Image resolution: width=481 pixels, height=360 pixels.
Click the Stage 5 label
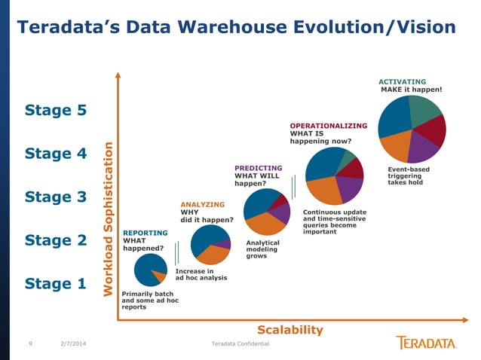tap(56, 111)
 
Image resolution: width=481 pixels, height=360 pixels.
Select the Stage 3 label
tap(56, 197)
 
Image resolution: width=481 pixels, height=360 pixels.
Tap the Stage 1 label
tap(56, 284)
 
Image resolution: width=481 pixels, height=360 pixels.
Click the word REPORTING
tap(146, 233)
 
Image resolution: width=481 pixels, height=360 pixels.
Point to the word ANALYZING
tap(203, 204)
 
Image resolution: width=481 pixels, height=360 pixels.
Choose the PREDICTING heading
tap(258, 168)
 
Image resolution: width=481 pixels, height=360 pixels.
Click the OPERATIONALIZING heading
tap(328, 126)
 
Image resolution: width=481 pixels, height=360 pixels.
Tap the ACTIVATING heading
tap(402, 81)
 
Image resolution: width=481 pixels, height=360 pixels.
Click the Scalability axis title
tap(290, 330)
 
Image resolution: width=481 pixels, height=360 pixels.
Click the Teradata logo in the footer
tap(426, 343)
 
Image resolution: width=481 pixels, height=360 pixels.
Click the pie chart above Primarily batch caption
tap(150, 270)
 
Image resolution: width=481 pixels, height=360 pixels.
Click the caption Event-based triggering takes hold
tap(409, 175)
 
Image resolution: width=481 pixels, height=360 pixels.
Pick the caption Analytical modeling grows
tap(262, 249)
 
